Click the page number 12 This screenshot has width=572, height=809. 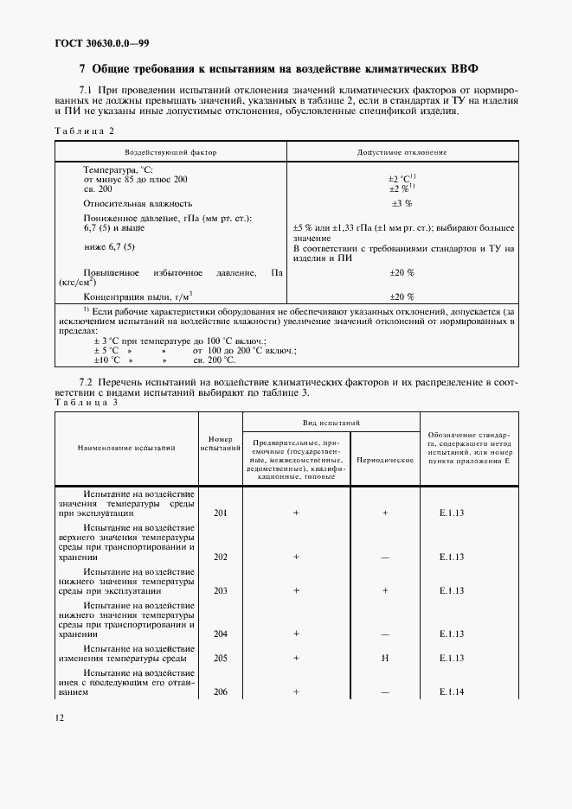click(x=59, y=717)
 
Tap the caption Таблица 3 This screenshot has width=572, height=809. click(x=85, y=402)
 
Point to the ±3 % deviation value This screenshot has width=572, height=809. click(x=402, y=203)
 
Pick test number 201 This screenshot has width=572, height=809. click(x=220, y=513)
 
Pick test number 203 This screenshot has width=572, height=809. click(x=220, y=590)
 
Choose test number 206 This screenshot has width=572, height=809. click(x=220, y=691)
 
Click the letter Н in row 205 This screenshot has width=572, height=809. click(x=385, y=658)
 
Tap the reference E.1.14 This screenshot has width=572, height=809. click(x=452, y=691)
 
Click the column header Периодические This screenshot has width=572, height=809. click(x=385, y=460)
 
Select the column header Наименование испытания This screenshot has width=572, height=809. click(x=126, y=449)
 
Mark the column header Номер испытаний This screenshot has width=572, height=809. click(x=220, y=443)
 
